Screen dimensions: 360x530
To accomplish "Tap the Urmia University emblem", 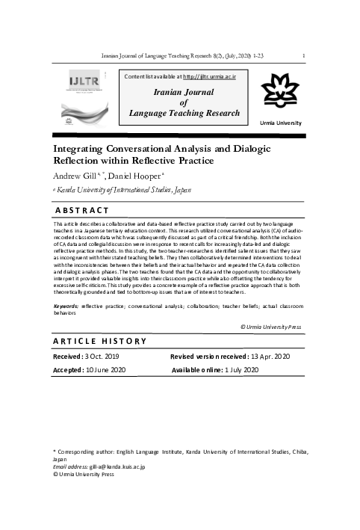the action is pyautogui.click(x=280, y=95).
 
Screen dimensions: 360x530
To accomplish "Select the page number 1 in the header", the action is pyautogui.click(x=302, y=55).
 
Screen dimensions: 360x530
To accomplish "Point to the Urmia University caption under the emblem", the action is pyautogui.click(x=280, y=121).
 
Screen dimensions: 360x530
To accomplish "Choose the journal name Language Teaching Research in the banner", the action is pyautogui.click(x=184, y=113).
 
